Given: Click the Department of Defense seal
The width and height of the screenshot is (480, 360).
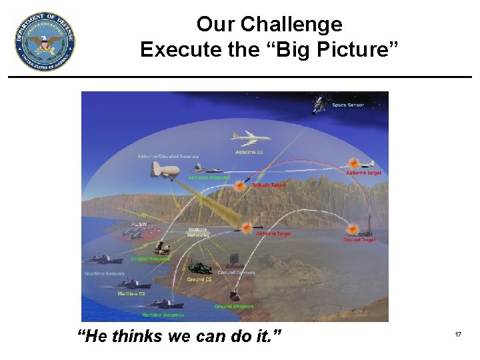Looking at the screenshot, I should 45,41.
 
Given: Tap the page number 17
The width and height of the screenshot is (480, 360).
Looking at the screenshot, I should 458,334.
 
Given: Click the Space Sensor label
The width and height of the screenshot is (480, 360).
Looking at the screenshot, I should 348,105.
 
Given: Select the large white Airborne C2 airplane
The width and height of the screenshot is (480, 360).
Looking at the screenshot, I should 251,139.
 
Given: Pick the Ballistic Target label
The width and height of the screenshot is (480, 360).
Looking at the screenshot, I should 268,185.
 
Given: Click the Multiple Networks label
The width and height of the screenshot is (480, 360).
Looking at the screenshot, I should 198,232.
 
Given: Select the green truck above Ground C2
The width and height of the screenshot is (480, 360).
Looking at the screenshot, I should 199,268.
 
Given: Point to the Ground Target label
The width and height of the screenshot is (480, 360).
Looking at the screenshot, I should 359,240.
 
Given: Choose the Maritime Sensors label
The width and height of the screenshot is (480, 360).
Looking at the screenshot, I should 104,274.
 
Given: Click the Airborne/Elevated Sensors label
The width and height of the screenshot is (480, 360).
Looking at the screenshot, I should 168,157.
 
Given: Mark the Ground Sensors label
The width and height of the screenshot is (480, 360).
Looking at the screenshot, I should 236,273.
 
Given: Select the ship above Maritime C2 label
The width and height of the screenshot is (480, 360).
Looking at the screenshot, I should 133,285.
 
